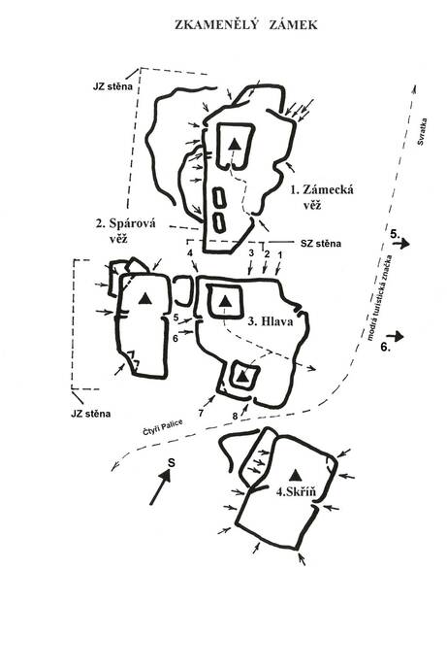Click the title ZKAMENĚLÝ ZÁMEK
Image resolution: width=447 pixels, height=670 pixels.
point(246,25)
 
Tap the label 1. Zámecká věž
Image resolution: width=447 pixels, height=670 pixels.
point(322,197)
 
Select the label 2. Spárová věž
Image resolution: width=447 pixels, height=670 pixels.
point(126,230)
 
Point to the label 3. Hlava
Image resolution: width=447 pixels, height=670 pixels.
point(271,321)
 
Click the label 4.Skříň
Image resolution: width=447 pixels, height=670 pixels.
point(296,491)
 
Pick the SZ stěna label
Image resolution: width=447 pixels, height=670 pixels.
point(321,244)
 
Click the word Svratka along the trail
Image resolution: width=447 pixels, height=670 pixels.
point(422,132)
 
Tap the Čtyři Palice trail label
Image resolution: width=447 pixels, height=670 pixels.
point(163,427)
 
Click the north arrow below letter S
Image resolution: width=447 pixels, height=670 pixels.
point(160,487)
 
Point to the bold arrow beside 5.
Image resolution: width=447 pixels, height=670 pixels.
point(401,244)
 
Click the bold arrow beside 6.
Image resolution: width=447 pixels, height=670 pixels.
point(396,337)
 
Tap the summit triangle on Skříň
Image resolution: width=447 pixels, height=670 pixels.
point(295,475)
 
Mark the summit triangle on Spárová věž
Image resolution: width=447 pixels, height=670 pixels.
point(145,298)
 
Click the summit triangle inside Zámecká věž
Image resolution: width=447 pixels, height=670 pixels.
point(234,144)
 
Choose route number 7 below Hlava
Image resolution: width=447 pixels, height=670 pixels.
point(201,413)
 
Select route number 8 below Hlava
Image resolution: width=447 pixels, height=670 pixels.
point(235,416)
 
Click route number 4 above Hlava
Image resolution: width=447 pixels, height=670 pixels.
point(190,253)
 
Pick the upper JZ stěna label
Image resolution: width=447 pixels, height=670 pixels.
point(113,86)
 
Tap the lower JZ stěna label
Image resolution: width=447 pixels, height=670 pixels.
point(91,414)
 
